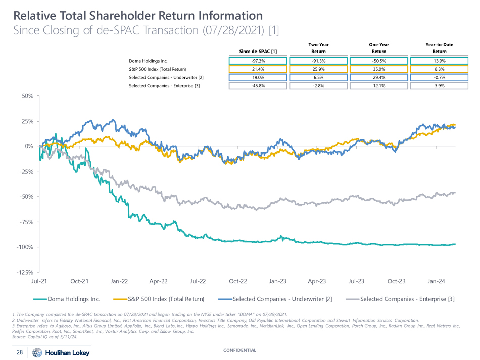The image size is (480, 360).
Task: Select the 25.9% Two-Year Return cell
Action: click(318, 69)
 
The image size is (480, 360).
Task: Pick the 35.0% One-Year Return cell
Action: click(378, 69)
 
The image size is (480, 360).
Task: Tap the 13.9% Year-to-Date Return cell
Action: click(439, 61)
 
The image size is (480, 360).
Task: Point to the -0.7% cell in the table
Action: click(439, 77)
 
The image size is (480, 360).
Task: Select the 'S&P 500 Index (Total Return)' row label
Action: click(158, 69)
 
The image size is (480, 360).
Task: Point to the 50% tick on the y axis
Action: click(27, 96)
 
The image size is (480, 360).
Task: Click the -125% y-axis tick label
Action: click(24, 273)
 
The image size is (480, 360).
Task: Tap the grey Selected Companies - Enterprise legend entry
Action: click(407, 299)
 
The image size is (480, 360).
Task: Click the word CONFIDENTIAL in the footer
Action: click(239, 350)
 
